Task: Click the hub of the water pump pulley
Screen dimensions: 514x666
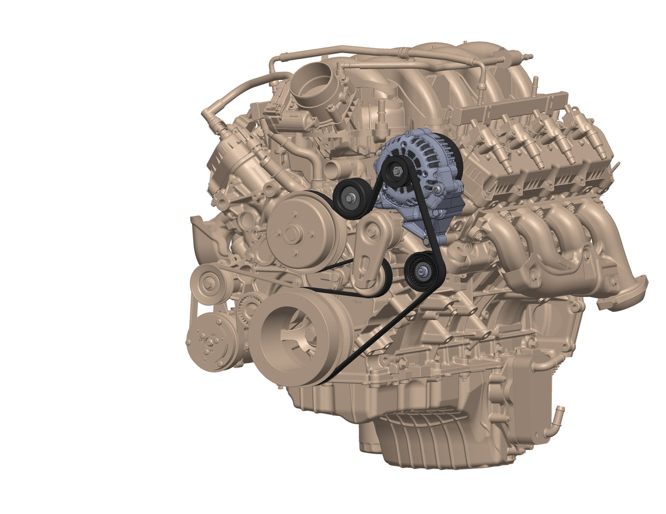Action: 291,235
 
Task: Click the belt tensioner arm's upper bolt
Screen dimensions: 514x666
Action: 372,232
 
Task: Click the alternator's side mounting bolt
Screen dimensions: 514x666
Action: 437,190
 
